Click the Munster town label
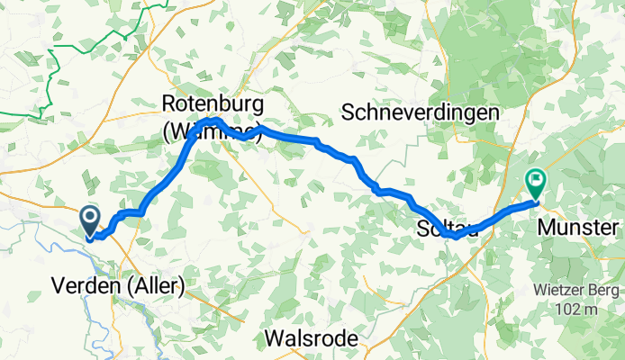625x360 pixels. click(579, 228)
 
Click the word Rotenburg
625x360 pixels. click(212, 103)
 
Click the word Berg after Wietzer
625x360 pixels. click(604, 290)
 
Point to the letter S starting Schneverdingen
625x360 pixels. click(349, 112)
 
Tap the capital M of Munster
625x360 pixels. click(545, 228)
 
